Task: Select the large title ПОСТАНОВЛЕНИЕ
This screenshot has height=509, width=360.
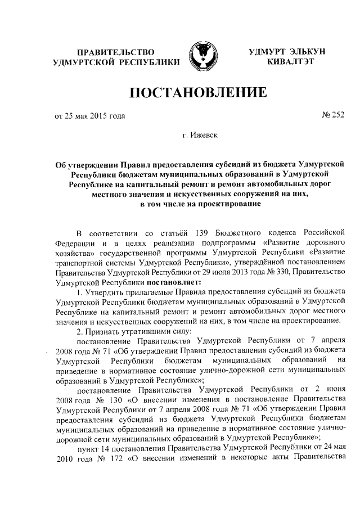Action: [197, 92]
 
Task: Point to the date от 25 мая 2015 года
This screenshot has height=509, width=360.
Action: [89, 116]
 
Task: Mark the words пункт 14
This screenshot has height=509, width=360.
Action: [89, 446]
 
